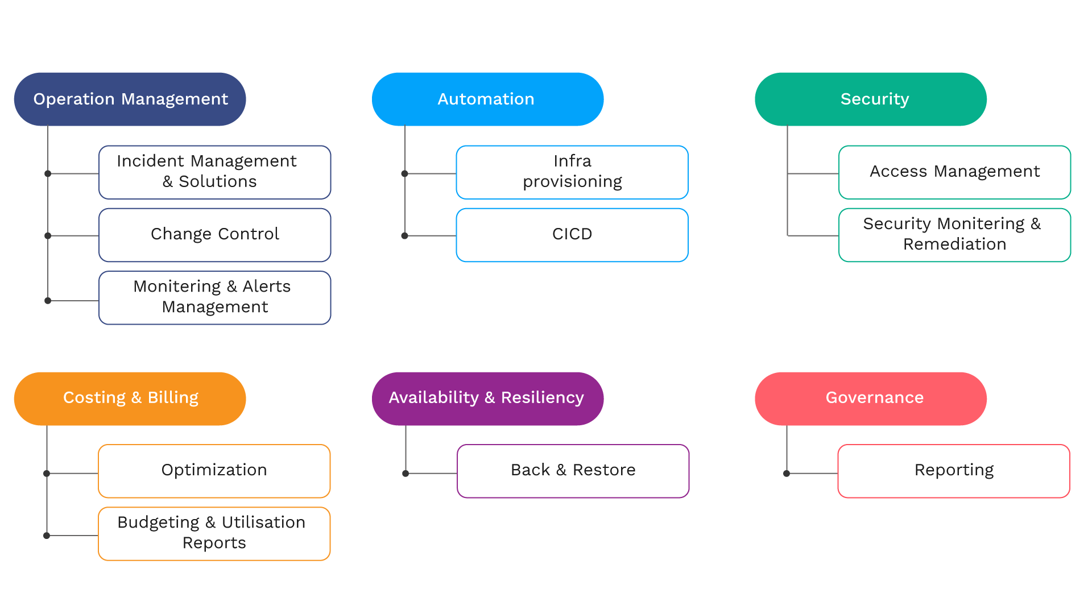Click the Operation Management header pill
(130, 99)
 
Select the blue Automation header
(487, 99)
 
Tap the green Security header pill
(870, 99)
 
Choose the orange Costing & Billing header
(130, 399)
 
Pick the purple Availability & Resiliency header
(487, 399)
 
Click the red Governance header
(870, 399)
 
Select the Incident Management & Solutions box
(214, 172)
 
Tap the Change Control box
(214, 235)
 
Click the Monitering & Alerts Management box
(214, 297)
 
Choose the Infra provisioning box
(572, 172)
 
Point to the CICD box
(572, 235)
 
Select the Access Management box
(954, 172)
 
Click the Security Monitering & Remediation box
(954, 235)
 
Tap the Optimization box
(214, 471)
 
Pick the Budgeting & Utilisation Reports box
(214, 533)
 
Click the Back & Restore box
(573, 471)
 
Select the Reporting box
(954, 471)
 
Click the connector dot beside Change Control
(48, 235)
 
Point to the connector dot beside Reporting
(787, 473)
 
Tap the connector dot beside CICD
(405, 235)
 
